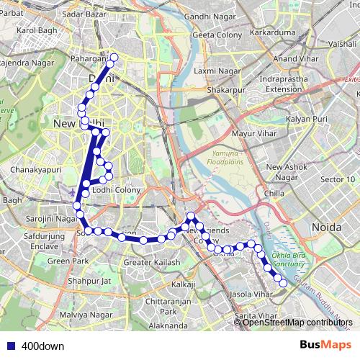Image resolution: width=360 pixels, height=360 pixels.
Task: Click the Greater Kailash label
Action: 152,263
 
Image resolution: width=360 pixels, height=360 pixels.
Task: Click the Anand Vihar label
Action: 294,58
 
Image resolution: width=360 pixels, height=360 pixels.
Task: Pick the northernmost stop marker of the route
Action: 113,58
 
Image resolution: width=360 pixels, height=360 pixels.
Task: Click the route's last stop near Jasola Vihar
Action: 283,283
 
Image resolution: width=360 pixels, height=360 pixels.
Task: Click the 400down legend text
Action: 43,346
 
